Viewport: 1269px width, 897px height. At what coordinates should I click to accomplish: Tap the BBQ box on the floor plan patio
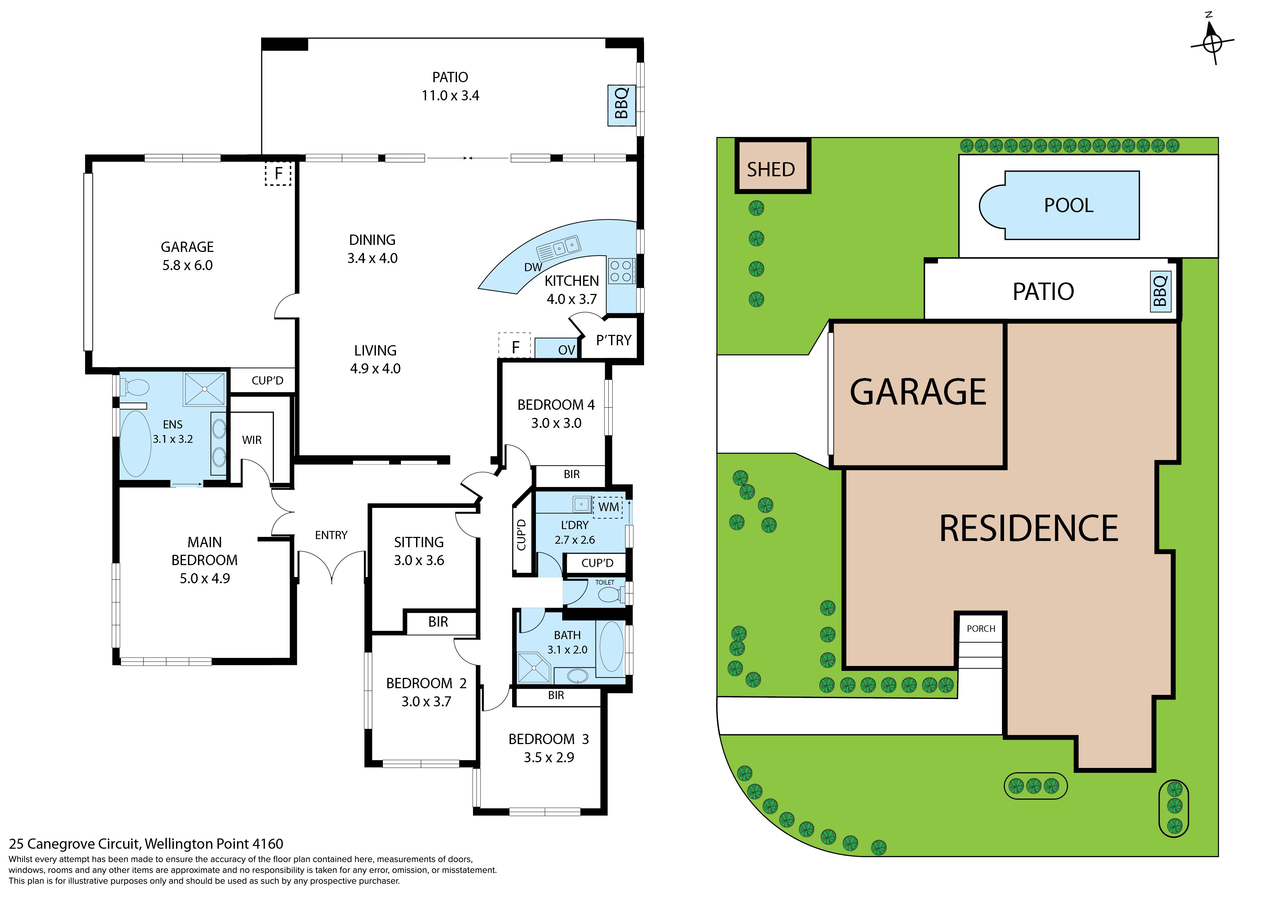[x=621, y=105]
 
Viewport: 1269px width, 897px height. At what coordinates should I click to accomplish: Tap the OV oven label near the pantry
[x=566, y=350]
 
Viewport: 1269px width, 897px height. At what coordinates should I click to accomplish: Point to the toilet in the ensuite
[x=134, y=387]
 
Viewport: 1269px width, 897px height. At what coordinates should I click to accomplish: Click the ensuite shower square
[x=204, y=389]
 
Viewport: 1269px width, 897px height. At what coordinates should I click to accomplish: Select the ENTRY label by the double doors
[x=331, y=535]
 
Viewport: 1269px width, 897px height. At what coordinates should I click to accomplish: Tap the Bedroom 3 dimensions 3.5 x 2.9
[x=549, y=758]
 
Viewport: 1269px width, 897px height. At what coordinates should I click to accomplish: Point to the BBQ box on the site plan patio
[x=1160, y=291]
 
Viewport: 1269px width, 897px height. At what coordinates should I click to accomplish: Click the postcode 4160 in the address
[x=267, y=844]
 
